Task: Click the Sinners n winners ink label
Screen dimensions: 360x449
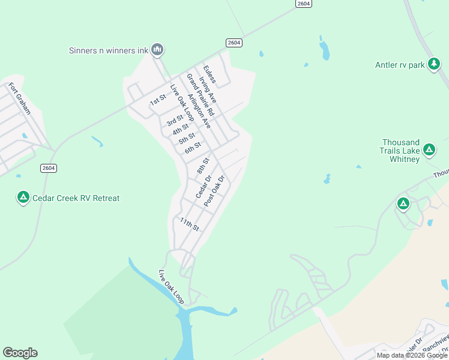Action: point(108,50)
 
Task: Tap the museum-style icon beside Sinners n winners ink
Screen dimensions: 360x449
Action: point(157,49)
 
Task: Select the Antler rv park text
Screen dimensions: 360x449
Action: point(400,65)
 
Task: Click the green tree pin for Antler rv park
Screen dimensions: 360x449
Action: point(433,64)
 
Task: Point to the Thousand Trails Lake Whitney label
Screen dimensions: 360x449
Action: point(400,151)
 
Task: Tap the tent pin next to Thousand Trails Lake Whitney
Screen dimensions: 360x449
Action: point(429,149)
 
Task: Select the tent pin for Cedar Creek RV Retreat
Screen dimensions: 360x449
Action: point(23,197)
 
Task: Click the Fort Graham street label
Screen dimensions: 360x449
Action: point(19,97)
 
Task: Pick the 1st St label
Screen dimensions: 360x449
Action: point(158,101)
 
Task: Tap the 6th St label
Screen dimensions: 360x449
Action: point(193,148)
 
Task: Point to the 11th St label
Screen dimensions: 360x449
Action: point(189,225)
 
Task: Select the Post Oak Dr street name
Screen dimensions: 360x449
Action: point(214,191)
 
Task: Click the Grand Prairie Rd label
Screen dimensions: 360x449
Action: point(200,94)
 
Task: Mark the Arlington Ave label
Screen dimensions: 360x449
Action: point(199,111)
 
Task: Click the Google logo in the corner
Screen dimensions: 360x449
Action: point(20,353)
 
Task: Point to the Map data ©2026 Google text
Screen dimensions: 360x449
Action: point(412,355)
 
